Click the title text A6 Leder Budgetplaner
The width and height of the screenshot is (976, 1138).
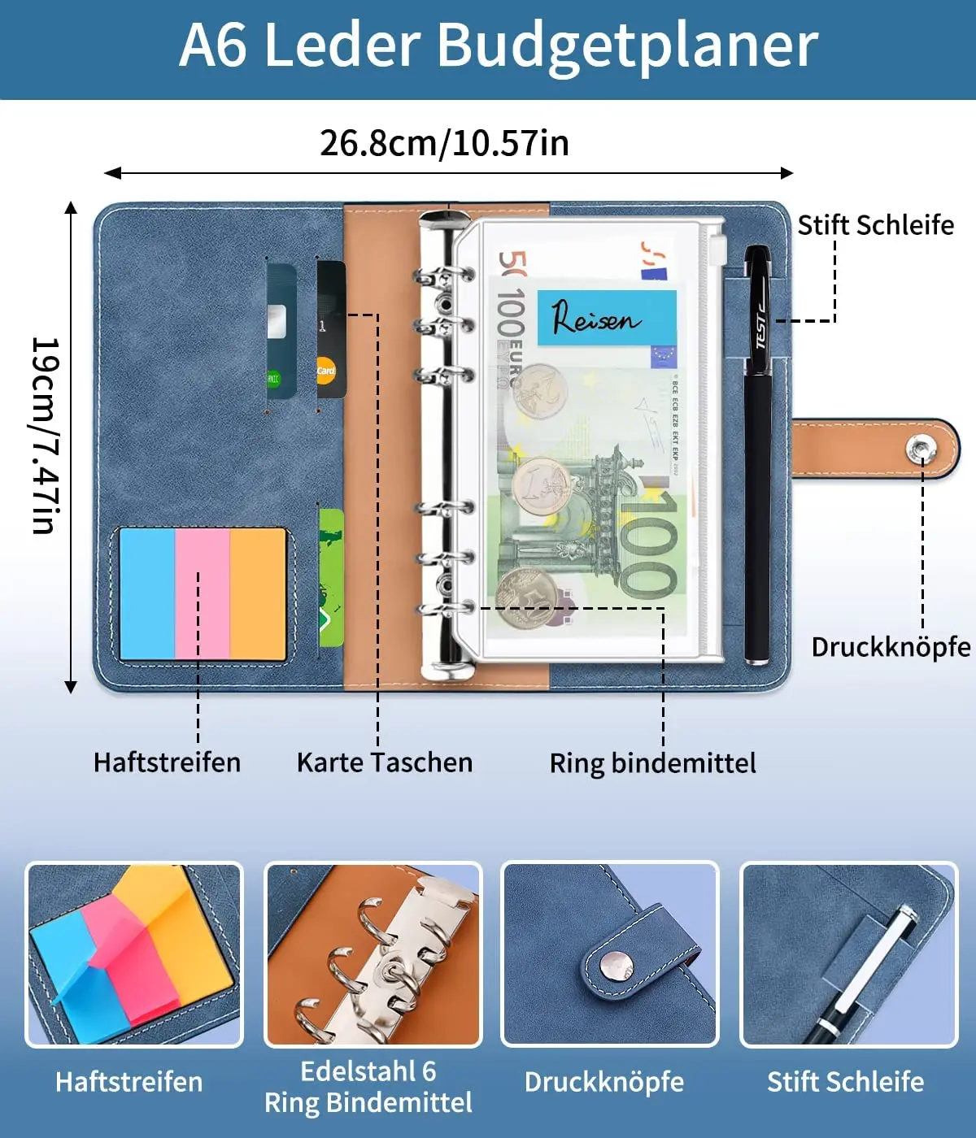498,45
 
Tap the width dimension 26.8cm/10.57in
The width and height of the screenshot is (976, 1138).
444,143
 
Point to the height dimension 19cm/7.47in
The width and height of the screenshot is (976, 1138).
44,436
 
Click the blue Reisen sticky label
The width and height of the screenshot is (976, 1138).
606,317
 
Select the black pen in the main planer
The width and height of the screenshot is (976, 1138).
757,455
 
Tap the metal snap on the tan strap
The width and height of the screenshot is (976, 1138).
922,448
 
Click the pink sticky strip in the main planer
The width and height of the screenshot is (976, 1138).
203,593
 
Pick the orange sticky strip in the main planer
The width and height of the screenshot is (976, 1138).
257,593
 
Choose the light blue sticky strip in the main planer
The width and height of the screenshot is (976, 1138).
147,593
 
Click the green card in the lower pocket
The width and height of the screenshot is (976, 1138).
331,577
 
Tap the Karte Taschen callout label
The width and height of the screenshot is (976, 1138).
384,762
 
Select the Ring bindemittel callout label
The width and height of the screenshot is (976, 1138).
652,763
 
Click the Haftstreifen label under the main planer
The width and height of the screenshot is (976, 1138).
167,762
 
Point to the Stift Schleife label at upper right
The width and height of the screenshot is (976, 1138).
875,225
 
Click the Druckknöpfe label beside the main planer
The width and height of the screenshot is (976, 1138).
891,647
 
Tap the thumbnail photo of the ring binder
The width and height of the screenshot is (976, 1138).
373,954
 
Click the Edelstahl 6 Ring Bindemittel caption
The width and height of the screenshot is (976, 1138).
368,1087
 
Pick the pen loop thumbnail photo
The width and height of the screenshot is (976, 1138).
849,954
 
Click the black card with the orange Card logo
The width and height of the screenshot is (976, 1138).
331,329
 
